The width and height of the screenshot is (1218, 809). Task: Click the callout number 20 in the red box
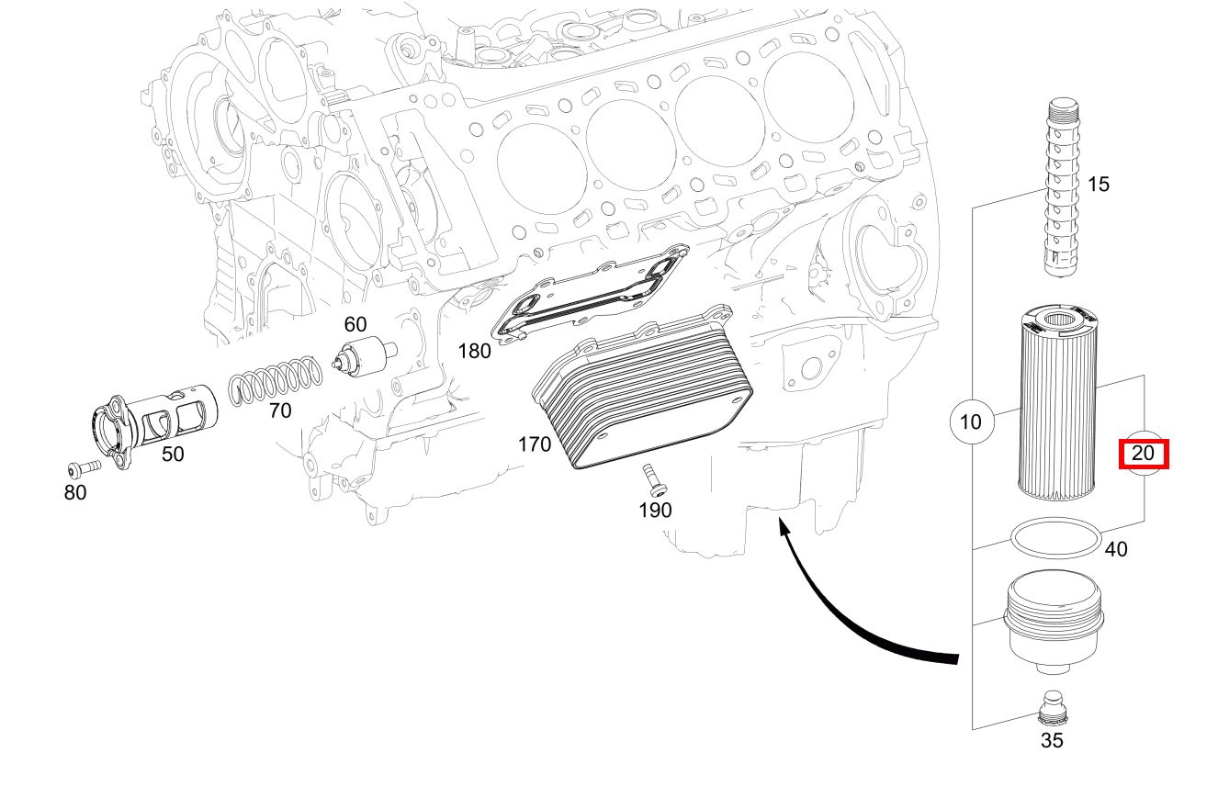click(1143, 454)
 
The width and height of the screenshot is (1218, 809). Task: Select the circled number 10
click(971, 422)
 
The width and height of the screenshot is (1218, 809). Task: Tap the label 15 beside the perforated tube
click(1098, 185)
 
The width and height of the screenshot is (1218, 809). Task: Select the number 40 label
click(1115, 550)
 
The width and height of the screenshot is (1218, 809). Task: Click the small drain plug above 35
click(1054, 707)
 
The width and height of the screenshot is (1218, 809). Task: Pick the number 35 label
click(1052, 740)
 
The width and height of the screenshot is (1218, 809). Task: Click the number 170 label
click(534, 445)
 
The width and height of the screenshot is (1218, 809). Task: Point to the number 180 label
click(474, 351)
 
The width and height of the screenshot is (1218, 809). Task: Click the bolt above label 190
click(653, 479)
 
